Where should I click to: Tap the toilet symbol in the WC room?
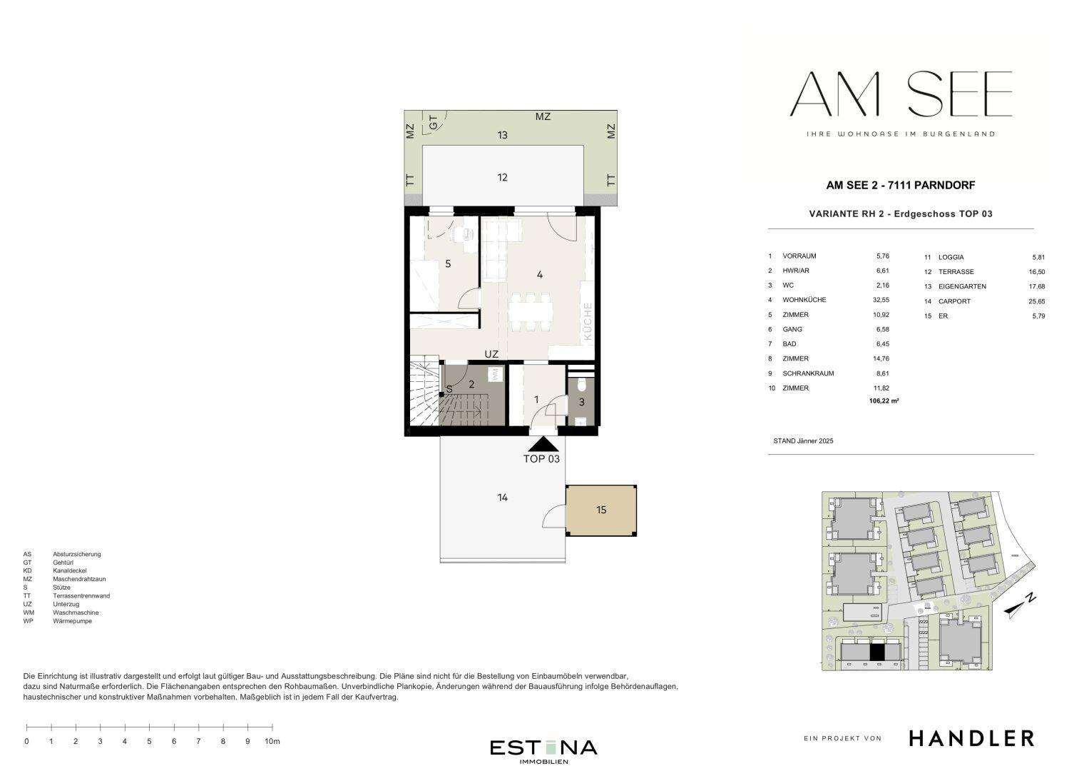click(x=581, y=385)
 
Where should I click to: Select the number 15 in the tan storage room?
click(x=601, y=510)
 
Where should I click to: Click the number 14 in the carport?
click(x=503, y=497)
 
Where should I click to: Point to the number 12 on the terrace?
click(x=502, y=177)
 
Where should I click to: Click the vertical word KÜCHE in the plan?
click(x=587, y=321)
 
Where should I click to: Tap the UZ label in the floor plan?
click(x=491, y=354)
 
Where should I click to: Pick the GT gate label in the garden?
click(x=433, y=122)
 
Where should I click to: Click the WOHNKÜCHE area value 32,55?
click(x=881, y=300)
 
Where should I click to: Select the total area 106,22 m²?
click(x=884, y=400)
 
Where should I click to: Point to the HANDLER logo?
click(x=971, y=738)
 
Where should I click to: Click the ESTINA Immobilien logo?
click(x=543, y=751)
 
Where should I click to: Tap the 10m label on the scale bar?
click(x=272, y=741)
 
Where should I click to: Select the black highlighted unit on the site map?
click(x=876, y=652)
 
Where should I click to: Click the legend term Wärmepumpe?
click(x=73, y=621)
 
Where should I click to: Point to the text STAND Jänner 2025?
click(x=803, y=441)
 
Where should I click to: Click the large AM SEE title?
click(x=901, y=94)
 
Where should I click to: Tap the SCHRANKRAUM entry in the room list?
click(x=808, y=373)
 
